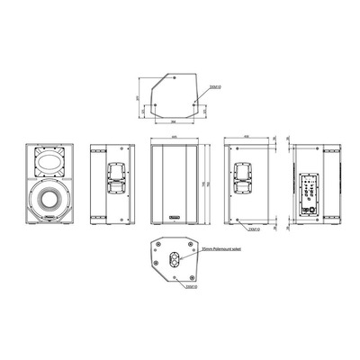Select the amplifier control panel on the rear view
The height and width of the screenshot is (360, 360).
[309, 193]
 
